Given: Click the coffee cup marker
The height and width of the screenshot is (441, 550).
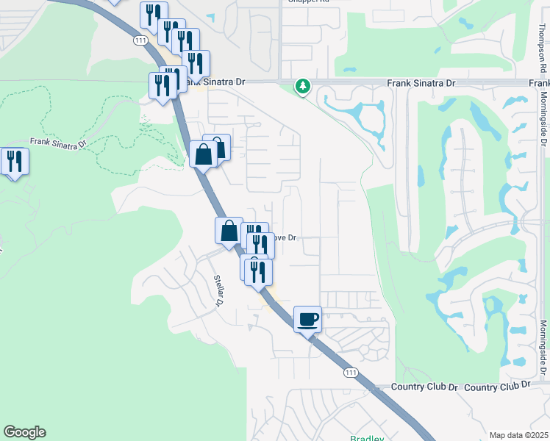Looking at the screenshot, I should coord(308,320).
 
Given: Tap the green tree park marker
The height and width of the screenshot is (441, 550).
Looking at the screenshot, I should coord(302,87).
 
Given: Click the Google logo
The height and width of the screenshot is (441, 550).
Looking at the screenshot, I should coord(24,432).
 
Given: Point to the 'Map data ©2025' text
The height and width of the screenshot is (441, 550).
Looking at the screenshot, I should coord(518,435).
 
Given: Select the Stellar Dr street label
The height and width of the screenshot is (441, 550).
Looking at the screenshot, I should coord(218,290).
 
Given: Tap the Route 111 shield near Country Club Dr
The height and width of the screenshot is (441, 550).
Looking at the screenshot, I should coord(351,373).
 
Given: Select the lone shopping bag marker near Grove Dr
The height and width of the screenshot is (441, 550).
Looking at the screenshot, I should coord(229,231).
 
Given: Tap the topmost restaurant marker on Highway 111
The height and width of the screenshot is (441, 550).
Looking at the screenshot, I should coord(154,15).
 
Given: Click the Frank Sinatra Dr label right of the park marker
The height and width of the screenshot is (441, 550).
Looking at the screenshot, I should coord(421,84).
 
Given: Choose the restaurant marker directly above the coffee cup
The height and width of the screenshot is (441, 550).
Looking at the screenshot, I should coord(258,272).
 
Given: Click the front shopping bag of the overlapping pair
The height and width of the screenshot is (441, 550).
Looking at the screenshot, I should coord(203,155).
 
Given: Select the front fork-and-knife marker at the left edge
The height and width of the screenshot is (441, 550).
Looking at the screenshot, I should coord(15,162).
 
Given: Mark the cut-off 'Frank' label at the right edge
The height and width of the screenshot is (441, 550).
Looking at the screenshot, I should coord(540,84).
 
